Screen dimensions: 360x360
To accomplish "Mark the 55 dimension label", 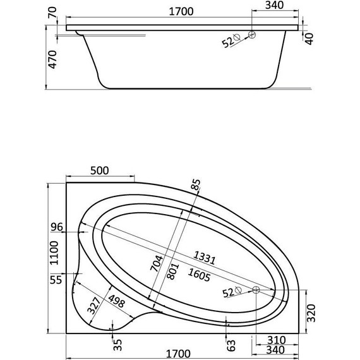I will pyautogui.click(x=57, y=279).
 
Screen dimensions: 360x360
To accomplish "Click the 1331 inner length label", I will pyautogui.click(x=203, y=258).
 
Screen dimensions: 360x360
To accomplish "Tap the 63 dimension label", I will pyautogui.click(x=232, y=344).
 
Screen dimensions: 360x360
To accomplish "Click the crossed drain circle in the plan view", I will pyautogui.click(x=256, y=290).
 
